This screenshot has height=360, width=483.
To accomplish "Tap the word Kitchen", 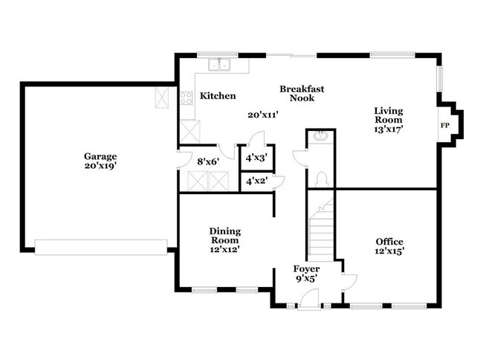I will pos(218,96).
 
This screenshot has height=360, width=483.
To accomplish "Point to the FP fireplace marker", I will pos(445,125).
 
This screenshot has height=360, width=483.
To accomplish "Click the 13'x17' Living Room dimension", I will pos(388,129).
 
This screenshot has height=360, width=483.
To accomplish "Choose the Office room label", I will pos(389,242).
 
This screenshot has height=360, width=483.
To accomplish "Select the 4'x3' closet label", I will pos(256,158).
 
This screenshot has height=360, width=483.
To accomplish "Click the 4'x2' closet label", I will pos(256,181).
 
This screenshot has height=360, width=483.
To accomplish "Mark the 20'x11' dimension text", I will pos(262,115).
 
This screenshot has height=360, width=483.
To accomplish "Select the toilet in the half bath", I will pos(322,179).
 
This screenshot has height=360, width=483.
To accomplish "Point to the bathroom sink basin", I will pos(321,137).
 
